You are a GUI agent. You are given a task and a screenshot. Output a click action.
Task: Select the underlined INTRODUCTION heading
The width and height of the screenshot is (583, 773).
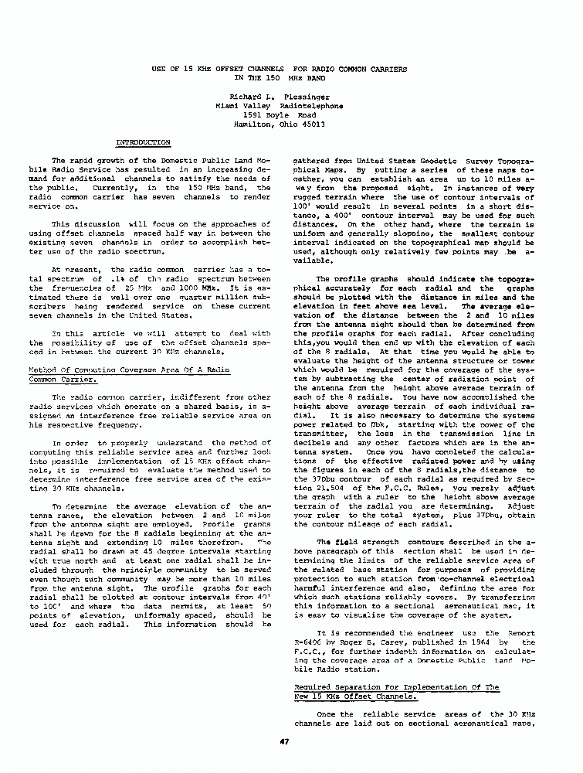[x=143, y=143]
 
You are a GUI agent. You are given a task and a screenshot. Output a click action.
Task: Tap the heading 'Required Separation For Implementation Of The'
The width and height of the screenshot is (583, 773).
[x=397, y=686]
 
